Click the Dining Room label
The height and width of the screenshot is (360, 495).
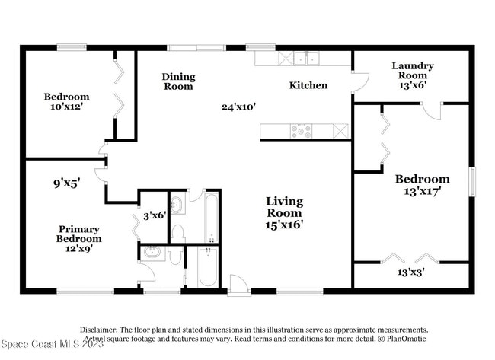pos(178,81)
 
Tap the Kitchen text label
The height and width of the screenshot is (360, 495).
pos(308,85)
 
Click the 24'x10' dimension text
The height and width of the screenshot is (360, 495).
pos(238,107)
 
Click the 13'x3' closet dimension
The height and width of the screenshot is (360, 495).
pos(410,272)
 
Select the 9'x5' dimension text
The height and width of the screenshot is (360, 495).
pos(67,183)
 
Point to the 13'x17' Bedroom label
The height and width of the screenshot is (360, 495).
pos(422,185)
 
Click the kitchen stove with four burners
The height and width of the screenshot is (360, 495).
pos(301,131)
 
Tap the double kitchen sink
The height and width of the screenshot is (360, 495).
pos(306,58)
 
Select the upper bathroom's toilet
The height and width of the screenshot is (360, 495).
pos(177,233)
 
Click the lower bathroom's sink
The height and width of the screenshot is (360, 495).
pos(151,253)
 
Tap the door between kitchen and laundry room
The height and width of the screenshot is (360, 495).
pos(360,82)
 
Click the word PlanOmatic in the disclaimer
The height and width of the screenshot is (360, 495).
pos(404,339)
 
